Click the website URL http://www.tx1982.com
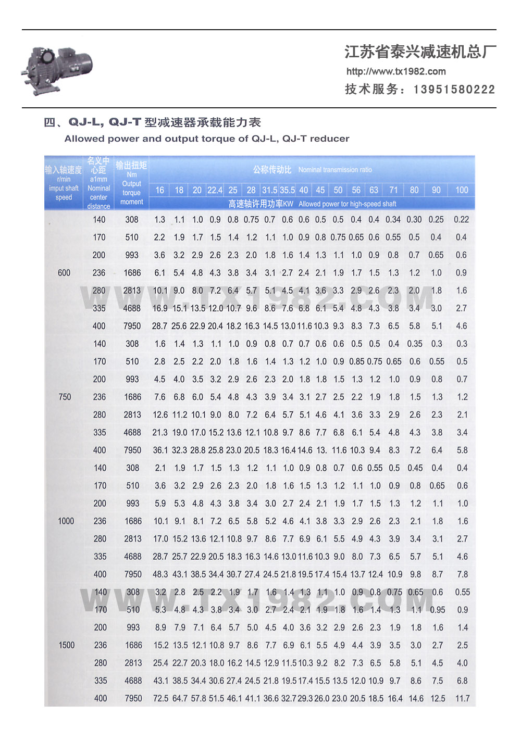[x=396, y=72]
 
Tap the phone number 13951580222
[x=454, y=90]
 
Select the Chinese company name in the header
[x=420, y=52]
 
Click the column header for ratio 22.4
[x=215, y=190]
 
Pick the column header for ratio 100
[x=462, y=190]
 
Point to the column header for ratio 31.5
[x=269, y=190]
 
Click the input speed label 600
[x=64, y=273]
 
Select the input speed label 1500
[x=67, y=645]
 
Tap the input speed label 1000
[x=66, y=521]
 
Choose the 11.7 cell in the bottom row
[x=462, y=698]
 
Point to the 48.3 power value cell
[x=160, y=574]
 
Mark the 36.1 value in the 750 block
[x=160, y=450]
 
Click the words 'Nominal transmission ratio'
[x=335, y=170]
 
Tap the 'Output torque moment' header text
[x=131, y=193]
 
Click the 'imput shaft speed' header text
[x=64, y=193]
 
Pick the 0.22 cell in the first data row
[x=461, y=220]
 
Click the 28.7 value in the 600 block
[x=159, y=326]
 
